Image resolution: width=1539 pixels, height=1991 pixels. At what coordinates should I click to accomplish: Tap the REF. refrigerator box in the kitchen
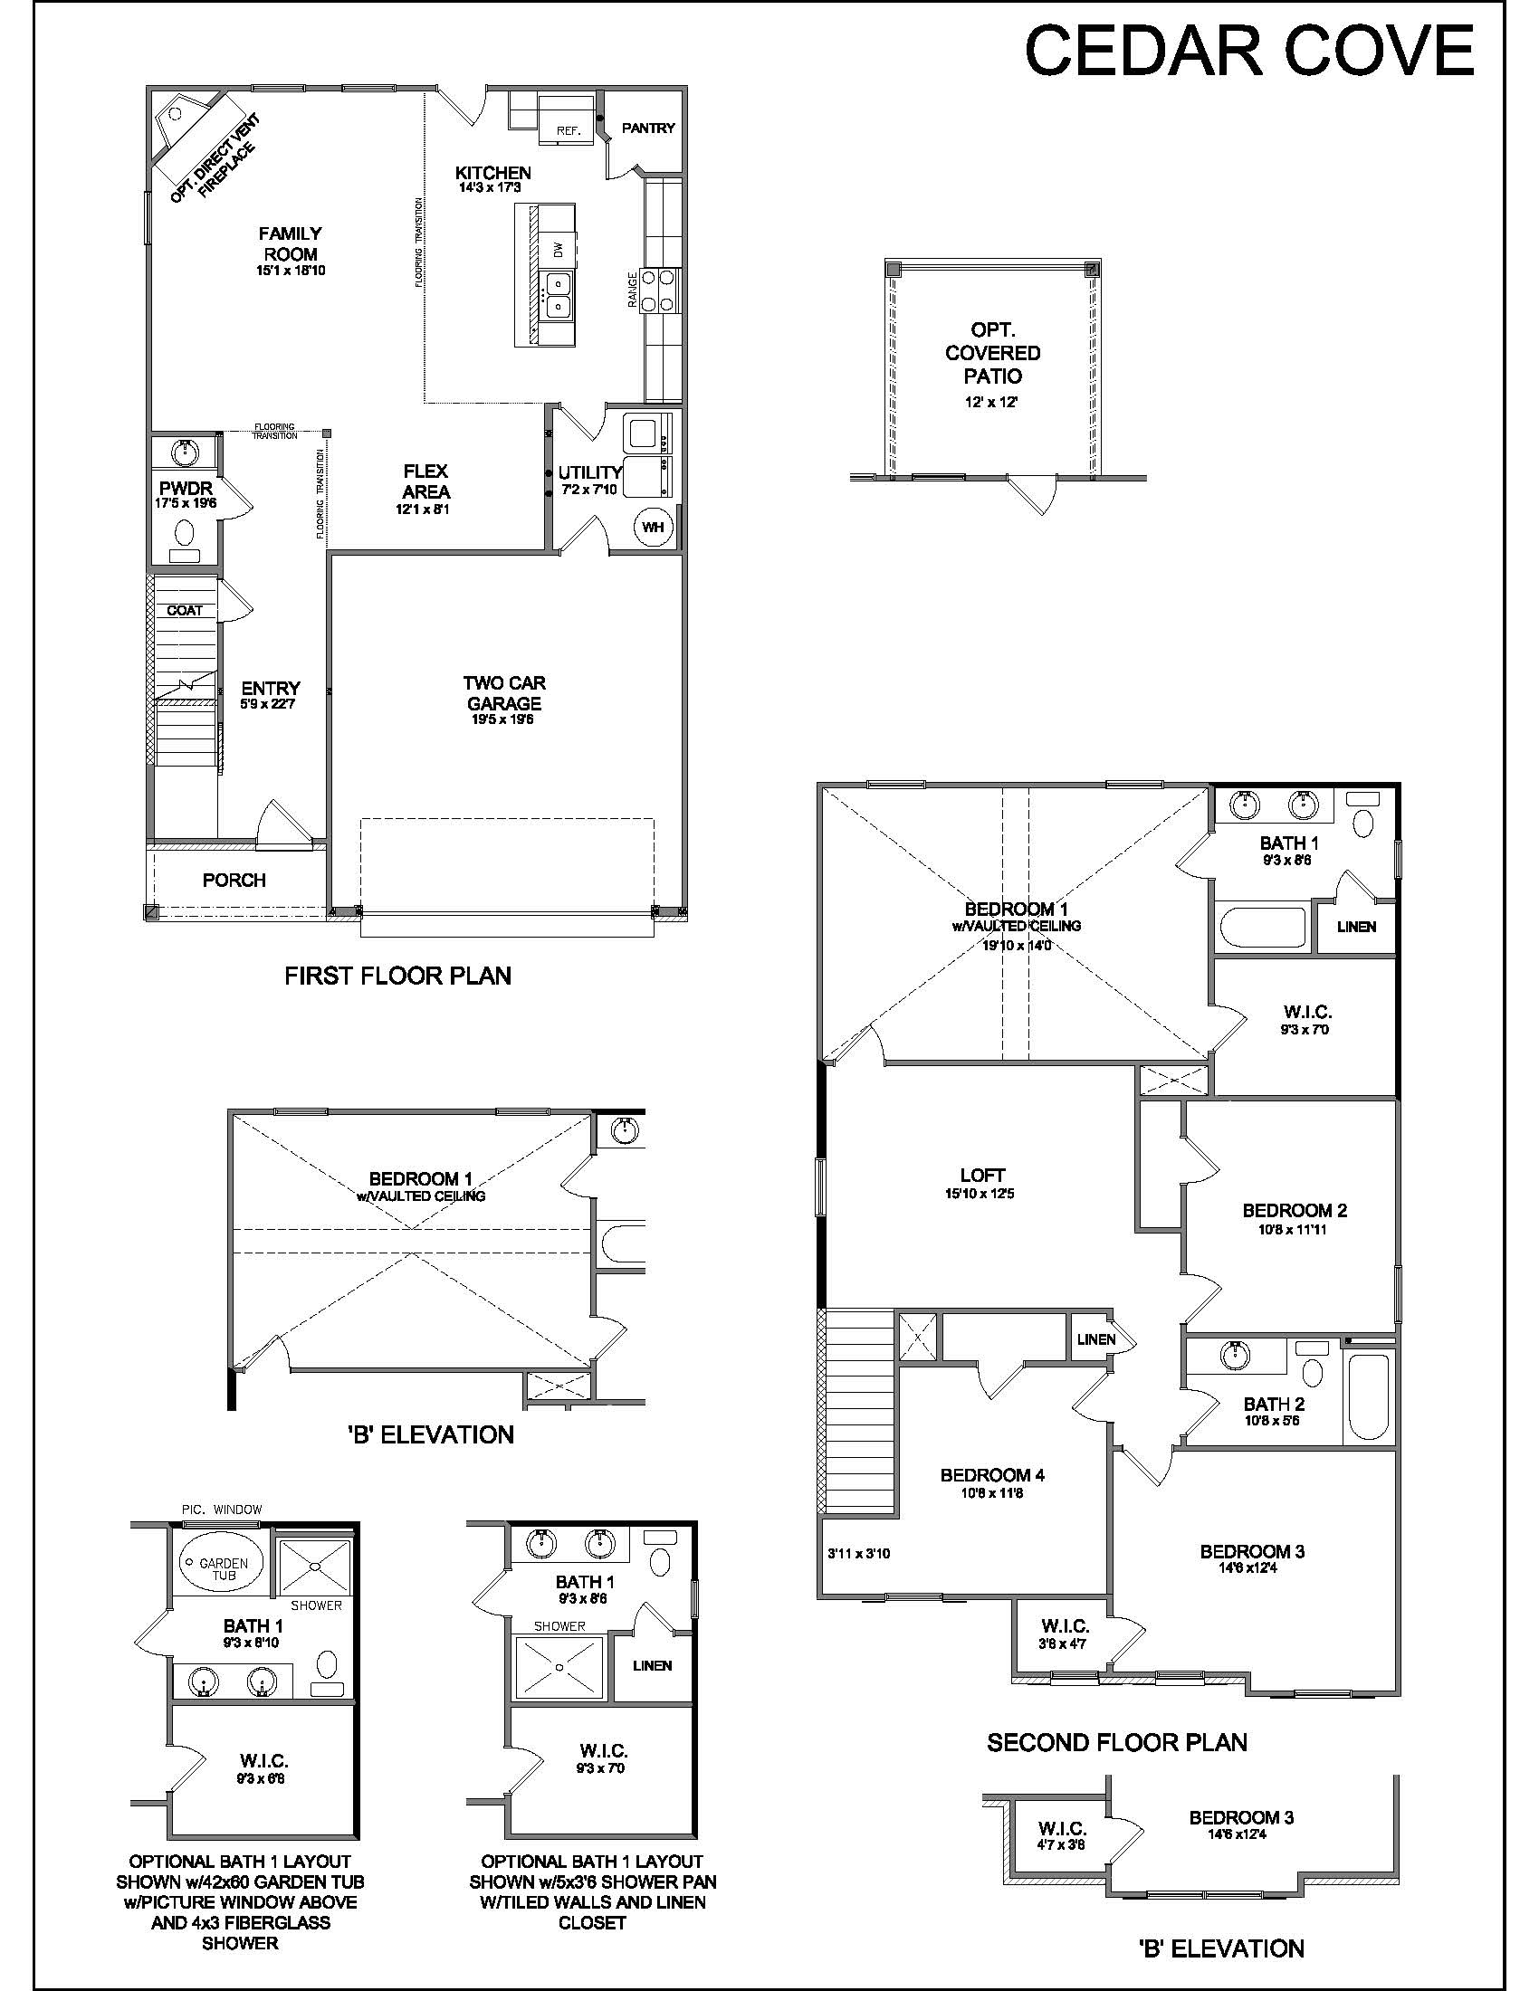coord(569,119)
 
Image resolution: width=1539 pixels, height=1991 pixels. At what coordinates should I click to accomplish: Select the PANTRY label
coord(648,128)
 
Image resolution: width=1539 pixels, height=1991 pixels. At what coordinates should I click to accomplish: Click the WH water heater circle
coord(653,527)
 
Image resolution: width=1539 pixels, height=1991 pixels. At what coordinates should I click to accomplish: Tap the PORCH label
coord(234,880)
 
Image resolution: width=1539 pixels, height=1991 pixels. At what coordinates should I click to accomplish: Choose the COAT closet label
coord(185,610)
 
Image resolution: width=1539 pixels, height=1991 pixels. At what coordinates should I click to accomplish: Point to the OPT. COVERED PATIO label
coord(993,353)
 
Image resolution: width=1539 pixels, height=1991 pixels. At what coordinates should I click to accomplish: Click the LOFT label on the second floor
coord(983,1175)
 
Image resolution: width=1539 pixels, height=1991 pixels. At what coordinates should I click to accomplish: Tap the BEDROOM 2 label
coord(1295,1211)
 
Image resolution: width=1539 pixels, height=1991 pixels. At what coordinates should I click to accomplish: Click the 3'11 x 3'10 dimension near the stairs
coord(859,1553)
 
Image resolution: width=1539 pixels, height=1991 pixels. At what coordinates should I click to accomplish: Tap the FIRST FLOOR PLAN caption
coord(398,976)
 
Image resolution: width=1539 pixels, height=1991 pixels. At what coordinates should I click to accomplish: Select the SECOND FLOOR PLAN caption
coord(1117,1743)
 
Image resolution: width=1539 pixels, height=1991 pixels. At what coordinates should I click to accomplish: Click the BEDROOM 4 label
coord(993,1475)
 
